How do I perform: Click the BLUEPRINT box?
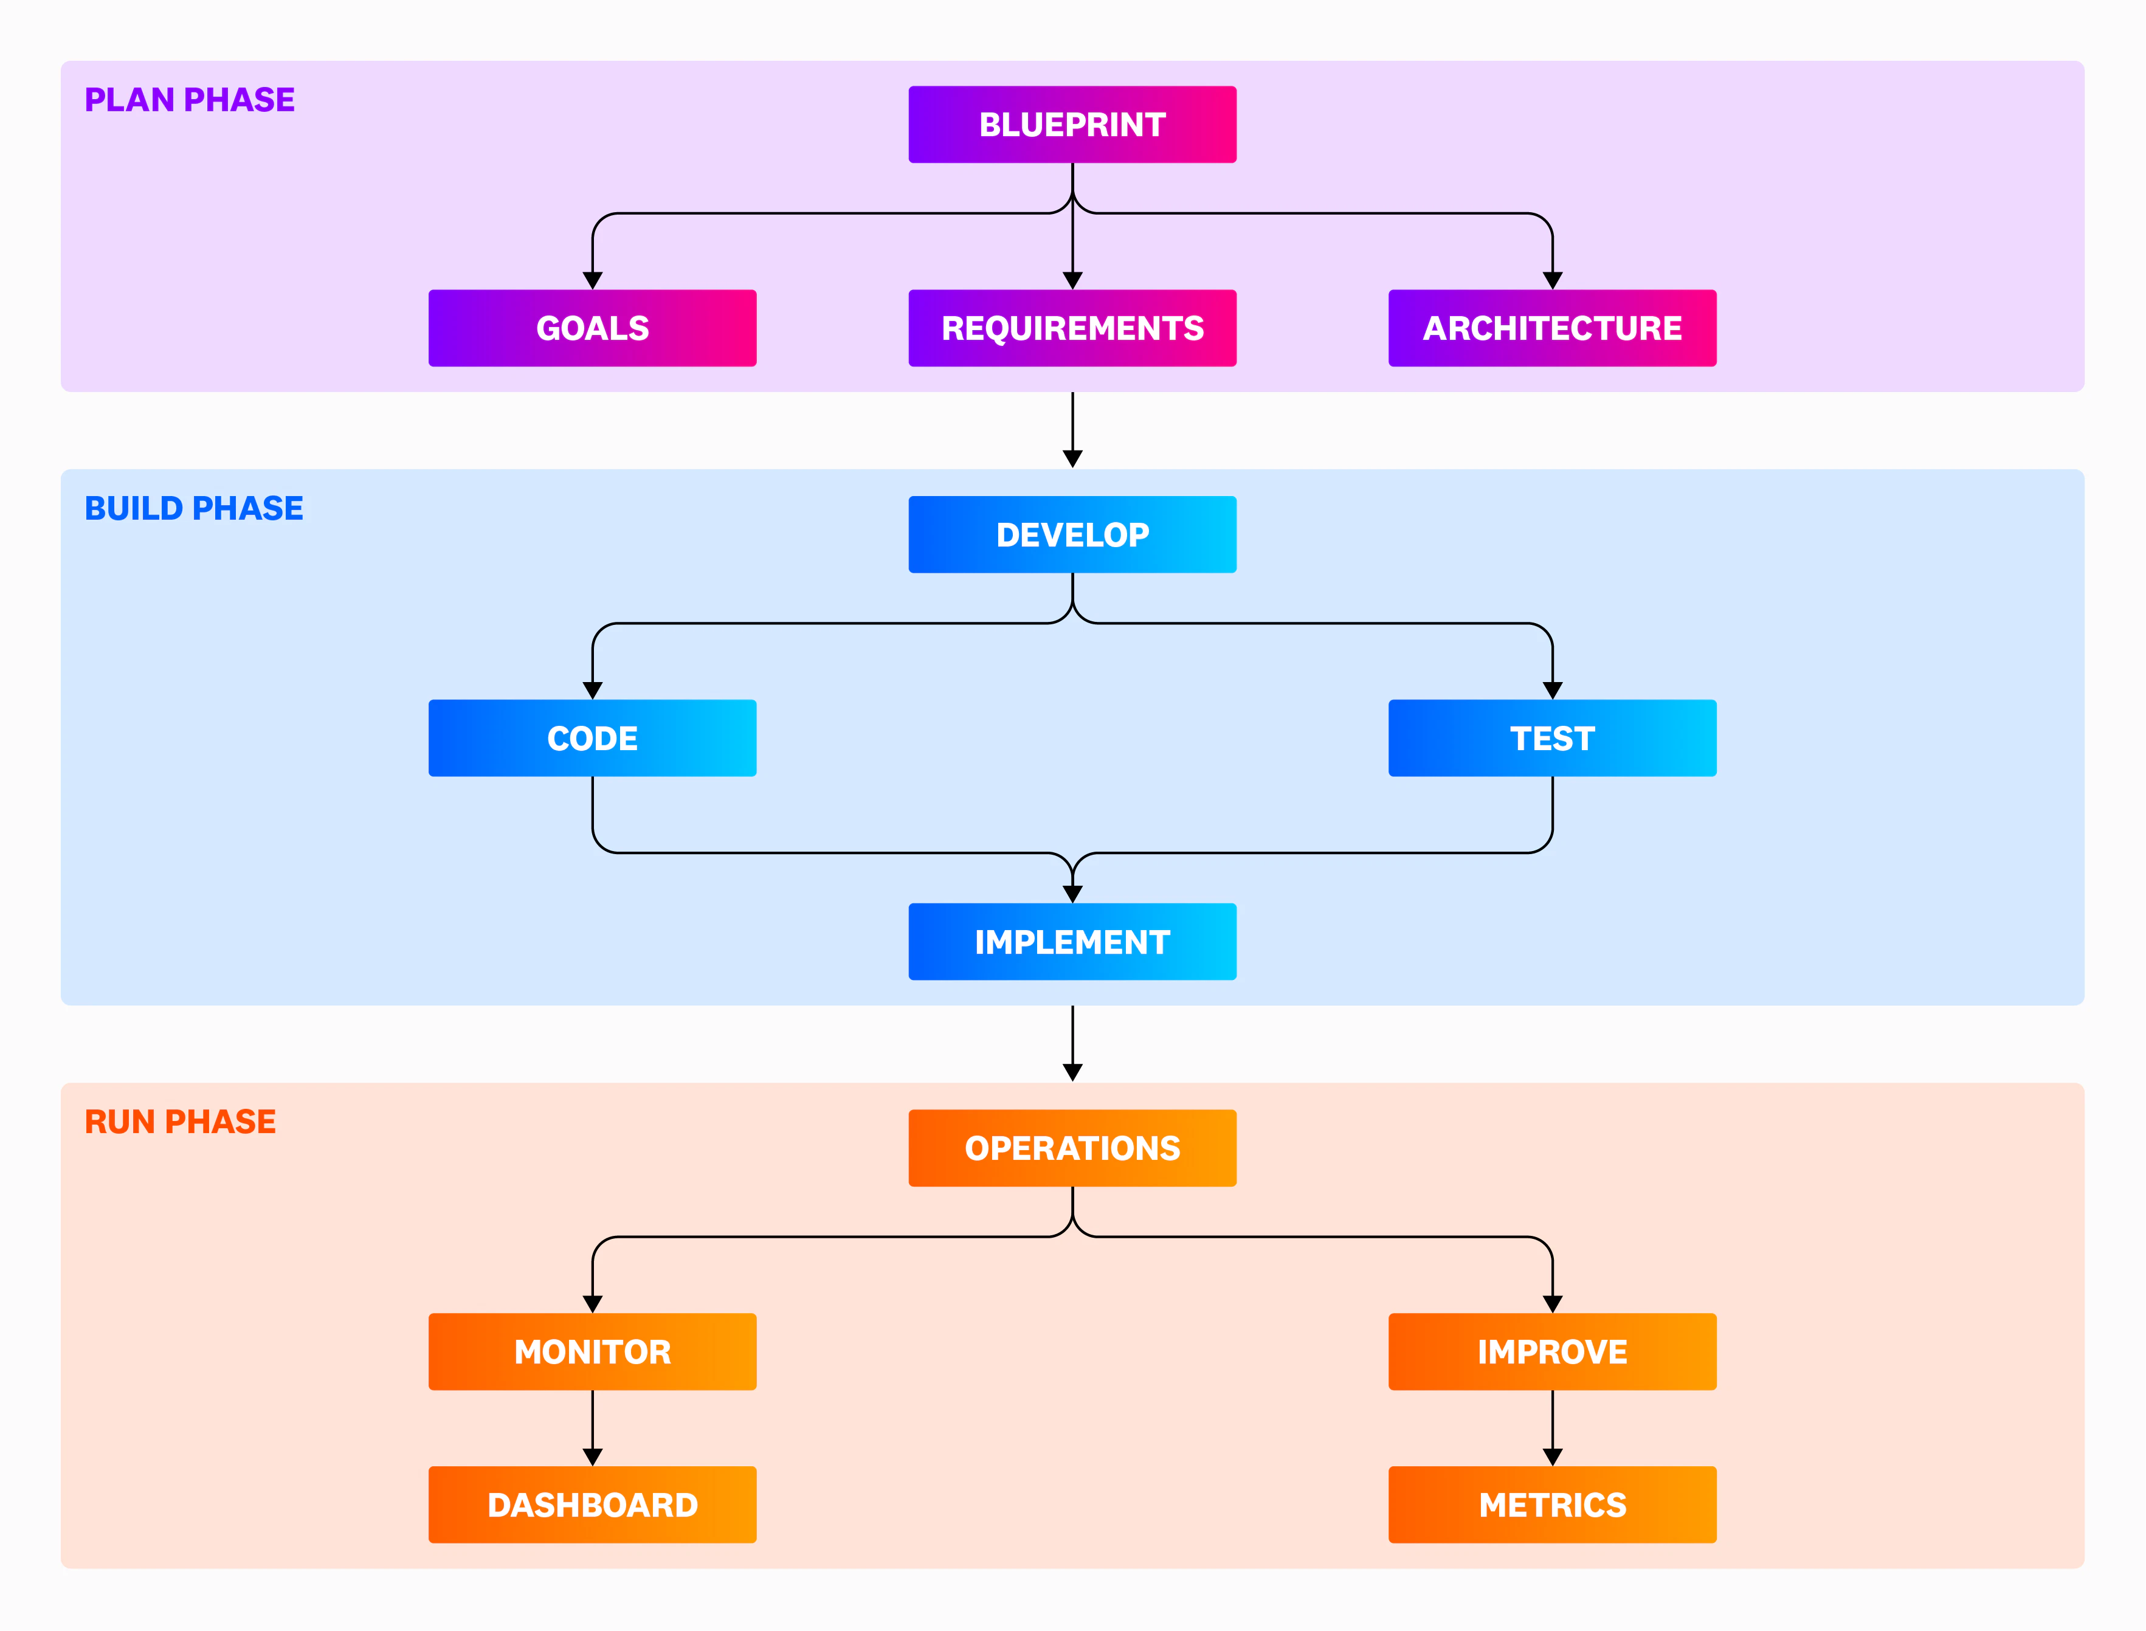[1072, 124]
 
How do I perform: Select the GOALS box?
[592, 328]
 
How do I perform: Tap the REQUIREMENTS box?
[1072, 328]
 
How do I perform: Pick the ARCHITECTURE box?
[1552, 328]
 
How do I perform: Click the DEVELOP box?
[1072, 535]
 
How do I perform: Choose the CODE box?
[592, 739]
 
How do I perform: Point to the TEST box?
[1552, 739]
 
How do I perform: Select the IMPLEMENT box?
[1072, 942]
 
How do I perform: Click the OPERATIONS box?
[1072, 1148]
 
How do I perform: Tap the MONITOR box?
[592, 1351]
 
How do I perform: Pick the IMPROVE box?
[1552, 1351]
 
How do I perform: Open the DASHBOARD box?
[592, 1505]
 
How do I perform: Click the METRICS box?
[1552, 1505]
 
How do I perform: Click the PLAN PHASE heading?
[189, 100]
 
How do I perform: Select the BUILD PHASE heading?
[193, 509]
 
